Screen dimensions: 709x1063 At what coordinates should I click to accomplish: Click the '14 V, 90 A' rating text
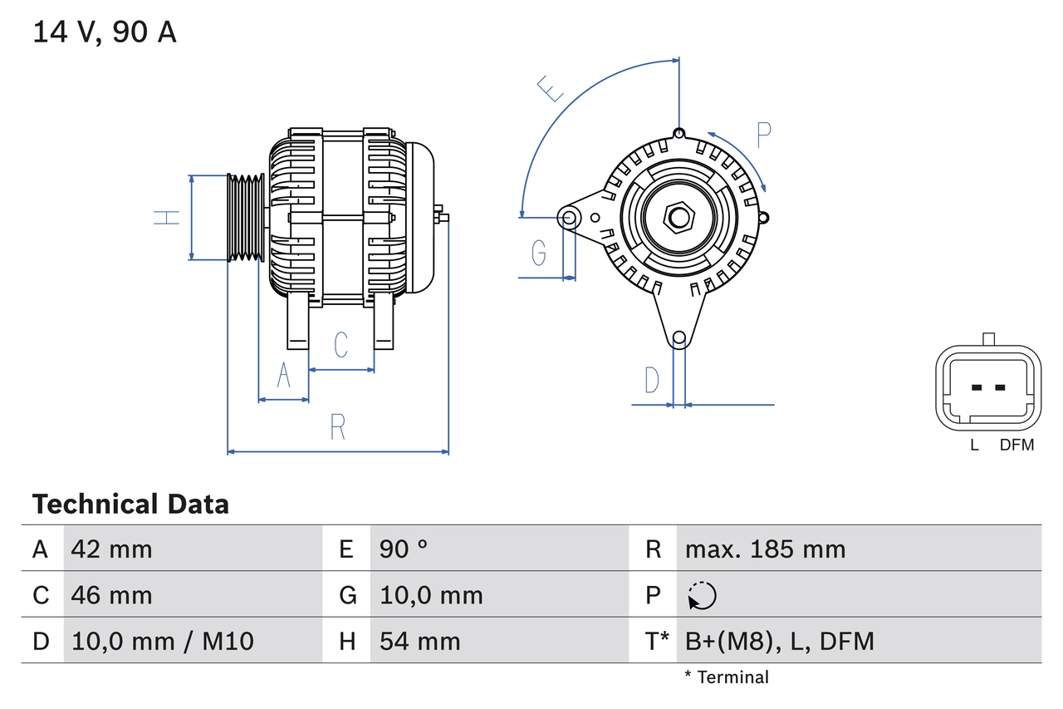point(104,32)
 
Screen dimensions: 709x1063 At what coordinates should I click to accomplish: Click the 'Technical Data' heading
point(130,504)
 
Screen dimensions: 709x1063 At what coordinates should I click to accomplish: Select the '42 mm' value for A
point(111,549)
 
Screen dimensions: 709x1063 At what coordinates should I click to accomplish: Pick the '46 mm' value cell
point(111,595)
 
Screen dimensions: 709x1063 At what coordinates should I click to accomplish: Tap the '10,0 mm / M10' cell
point(163,641)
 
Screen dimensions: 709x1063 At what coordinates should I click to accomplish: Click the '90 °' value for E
point(404,549)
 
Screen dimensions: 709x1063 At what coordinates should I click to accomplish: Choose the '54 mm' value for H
point(419,641)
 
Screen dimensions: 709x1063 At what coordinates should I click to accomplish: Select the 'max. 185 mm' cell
point(765,549)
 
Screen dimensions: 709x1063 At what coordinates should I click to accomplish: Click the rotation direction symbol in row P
point(702,595)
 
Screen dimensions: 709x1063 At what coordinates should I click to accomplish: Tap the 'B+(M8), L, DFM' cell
point(779,641)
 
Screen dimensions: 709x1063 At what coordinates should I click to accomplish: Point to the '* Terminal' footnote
point(727,677)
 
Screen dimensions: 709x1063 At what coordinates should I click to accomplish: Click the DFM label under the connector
point(1016,445)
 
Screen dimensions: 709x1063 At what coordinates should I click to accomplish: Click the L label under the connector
point(975,445)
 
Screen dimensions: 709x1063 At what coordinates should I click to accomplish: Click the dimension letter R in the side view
point(337,426)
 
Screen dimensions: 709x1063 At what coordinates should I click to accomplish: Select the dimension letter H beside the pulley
point(167,218)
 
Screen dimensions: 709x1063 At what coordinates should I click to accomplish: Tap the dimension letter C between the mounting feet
point(340,344)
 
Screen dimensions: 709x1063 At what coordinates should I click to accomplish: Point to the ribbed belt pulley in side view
point(246,218)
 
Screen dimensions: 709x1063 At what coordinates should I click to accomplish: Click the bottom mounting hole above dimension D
point(679,337)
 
